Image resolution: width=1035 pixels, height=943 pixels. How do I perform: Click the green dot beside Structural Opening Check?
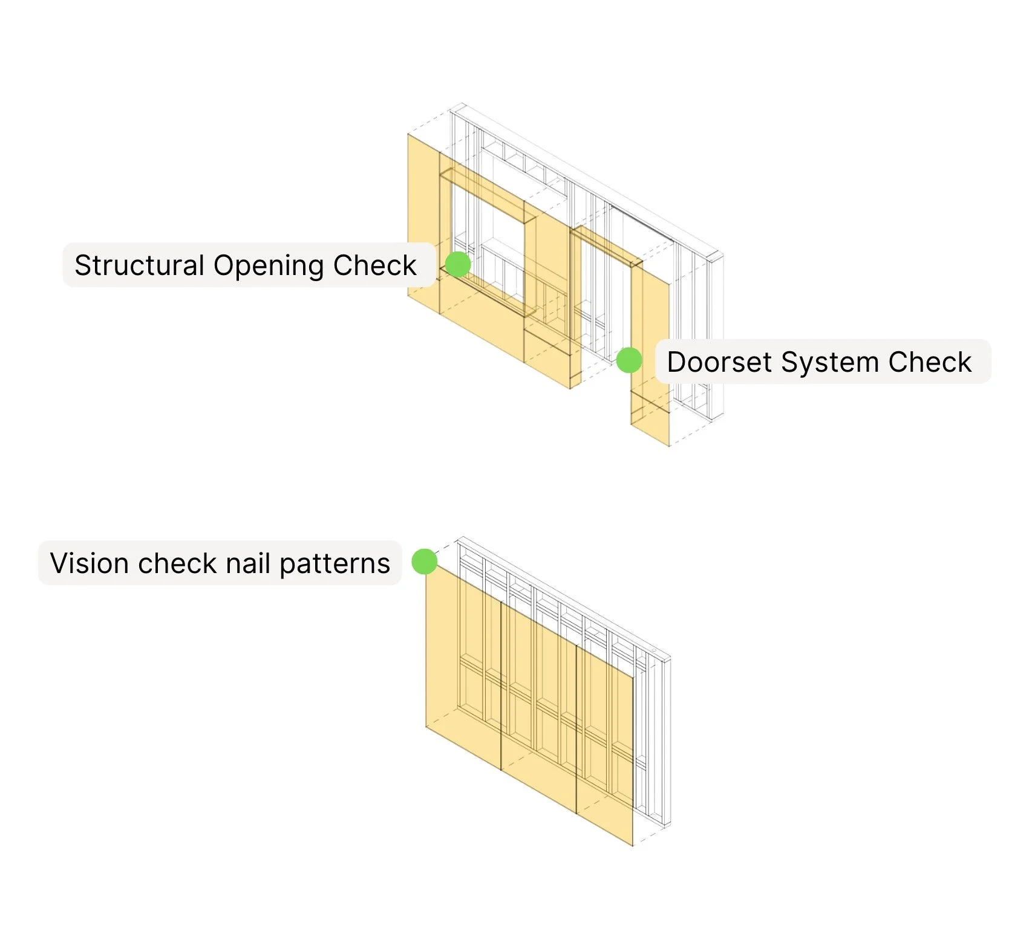[458, 264]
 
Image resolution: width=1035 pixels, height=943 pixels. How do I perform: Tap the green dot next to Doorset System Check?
[629, 360]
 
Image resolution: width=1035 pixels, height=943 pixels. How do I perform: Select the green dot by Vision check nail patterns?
[424, 562]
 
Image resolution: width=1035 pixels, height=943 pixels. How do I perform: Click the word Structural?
[139, 265]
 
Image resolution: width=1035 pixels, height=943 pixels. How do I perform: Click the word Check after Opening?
[375, 265]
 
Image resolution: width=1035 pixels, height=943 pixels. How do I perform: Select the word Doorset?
[719, 362]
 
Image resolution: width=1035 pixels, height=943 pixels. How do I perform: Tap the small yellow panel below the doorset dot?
[650, 417]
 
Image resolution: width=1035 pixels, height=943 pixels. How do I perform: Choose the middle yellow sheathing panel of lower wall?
[538, 713]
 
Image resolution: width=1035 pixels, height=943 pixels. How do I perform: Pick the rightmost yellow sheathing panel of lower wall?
[605, 756]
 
